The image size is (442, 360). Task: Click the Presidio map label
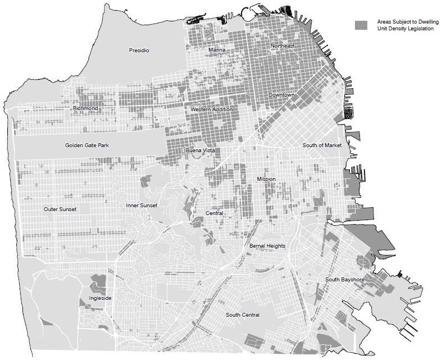click(x=139, y=51)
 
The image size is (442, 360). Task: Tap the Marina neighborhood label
click(x=217, y=50)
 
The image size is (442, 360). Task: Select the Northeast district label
click(x=282, y=46)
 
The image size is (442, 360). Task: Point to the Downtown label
click(x=281, y=95)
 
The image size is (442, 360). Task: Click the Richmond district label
click(x=85, y=108)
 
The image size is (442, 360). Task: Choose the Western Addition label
click(x=211, y=109)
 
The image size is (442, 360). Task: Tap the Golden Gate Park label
click(x=86, y=145)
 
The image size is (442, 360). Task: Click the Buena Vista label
click(x=200, y=151)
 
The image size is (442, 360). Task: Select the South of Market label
click(x=322, y=145)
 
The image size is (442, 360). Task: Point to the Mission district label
click(x=266, y=179)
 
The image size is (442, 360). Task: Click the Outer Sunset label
click(x=60, y=209)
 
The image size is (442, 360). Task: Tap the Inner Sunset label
click(x=142, y=206)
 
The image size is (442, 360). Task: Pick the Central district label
click(x=214, y=213)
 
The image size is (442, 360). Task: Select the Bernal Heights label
click(x=267, y=246)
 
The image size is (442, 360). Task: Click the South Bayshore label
click(x=345, y=280)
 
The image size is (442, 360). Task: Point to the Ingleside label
click(x=100, y=298)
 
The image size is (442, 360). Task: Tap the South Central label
click(x=243, y=315)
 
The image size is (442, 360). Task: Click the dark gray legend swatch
click(x=361, y=25)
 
